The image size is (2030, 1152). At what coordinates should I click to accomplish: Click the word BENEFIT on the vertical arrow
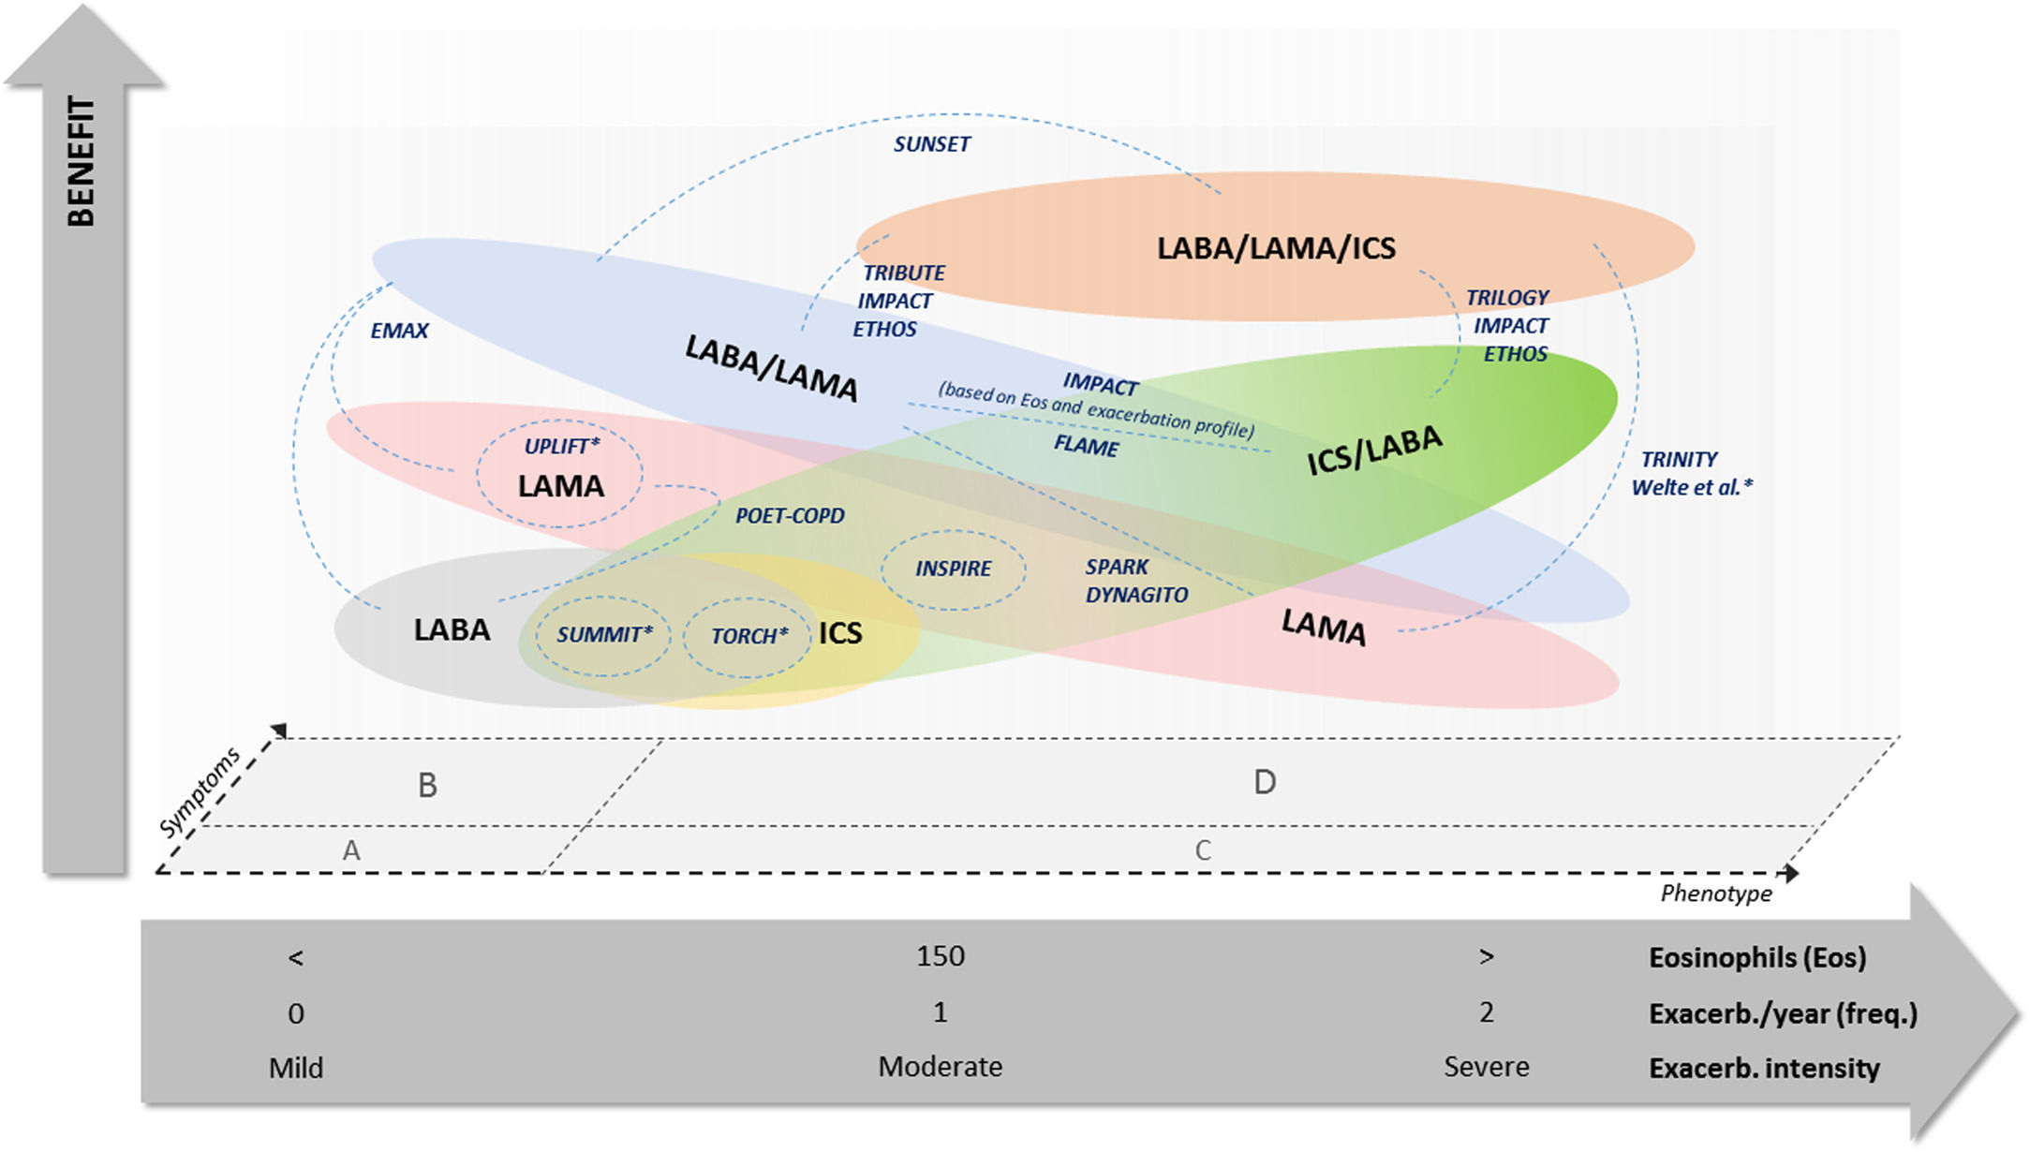tap(81, 161)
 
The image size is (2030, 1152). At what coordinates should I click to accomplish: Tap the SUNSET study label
tap(931, 144)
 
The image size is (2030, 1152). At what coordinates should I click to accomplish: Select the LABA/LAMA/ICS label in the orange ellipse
tap(1276, 248)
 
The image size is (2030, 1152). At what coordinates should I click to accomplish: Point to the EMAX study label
tap(399, 331)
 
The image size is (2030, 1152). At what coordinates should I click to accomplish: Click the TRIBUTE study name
tap(903, 273)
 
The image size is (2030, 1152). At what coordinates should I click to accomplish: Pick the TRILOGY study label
tap(1507, 298)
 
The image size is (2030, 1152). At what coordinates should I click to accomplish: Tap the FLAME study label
tap(1086, 445)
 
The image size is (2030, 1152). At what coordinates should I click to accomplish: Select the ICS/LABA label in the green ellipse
tap(1374, 450)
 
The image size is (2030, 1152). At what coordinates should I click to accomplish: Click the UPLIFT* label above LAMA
tap(561, 446)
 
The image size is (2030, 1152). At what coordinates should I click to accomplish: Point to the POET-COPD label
tap(790, 516)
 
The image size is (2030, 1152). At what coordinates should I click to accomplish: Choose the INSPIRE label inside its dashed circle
tap(953, 569)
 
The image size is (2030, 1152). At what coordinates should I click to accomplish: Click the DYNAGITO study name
tap(1136, 595)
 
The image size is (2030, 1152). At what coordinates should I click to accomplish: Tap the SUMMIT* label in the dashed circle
tap(604, 635)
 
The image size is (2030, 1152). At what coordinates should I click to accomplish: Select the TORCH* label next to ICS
tap(748, 637)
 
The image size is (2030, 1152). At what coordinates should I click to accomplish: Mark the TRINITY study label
tap(1679, 460)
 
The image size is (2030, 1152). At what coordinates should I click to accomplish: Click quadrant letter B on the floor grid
tap(427, 785)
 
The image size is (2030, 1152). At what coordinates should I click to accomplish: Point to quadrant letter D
tap(1265, 782)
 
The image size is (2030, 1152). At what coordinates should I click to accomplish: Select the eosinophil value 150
tap(940, 956)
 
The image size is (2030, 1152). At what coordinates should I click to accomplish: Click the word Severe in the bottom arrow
tap(1486, 1067)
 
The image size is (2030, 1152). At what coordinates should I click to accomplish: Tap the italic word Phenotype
tap(1716, 894)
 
